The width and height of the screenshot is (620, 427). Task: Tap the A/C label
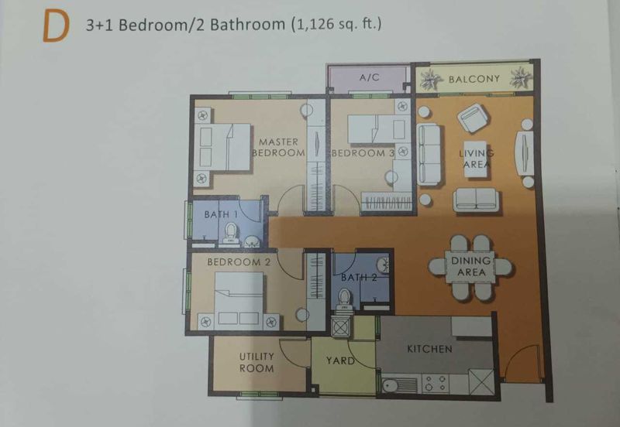(x=368, y=79)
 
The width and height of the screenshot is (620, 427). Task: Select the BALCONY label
(x=474, y=79)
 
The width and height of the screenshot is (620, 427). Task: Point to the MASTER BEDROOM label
(x=278, y=147)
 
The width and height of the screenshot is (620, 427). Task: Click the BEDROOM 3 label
(x=363, y=153)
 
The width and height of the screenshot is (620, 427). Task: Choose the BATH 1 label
(x=221, y=213)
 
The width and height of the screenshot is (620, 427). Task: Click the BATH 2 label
(x=358, y=276)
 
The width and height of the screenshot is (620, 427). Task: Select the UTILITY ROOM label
(x=257, y=362)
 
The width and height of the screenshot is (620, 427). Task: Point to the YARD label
(x=340, y=360)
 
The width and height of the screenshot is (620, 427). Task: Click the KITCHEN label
(x=429, y=349)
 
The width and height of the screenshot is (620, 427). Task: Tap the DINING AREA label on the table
(x=471, y=267)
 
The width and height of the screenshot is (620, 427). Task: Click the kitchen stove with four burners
(x=436, y=382)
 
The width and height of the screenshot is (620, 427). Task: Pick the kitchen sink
(x=393, y=383)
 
